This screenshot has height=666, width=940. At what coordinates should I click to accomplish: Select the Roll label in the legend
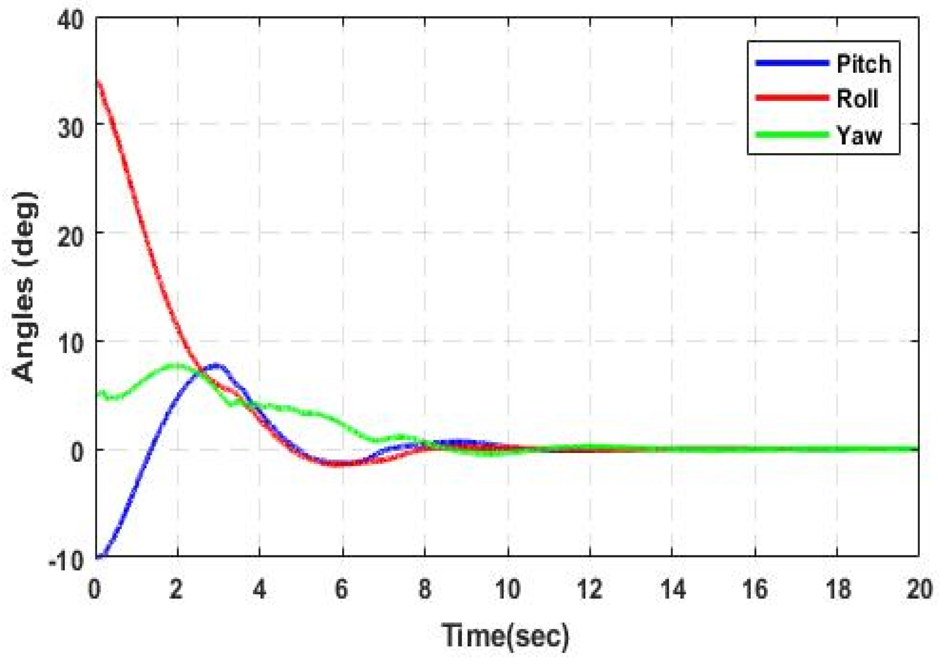[857, 99]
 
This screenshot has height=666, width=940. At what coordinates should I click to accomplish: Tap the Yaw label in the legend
[859, 135]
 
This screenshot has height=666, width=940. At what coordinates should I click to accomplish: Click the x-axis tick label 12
[589, 590]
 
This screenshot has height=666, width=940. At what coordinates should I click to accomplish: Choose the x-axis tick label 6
[341, 590]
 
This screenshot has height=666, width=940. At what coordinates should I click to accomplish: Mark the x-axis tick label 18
[837, 590]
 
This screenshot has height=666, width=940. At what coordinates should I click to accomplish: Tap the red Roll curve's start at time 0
[97, 80]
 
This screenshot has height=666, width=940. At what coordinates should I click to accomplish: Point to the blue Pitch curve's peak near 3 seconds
[216, 365]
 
